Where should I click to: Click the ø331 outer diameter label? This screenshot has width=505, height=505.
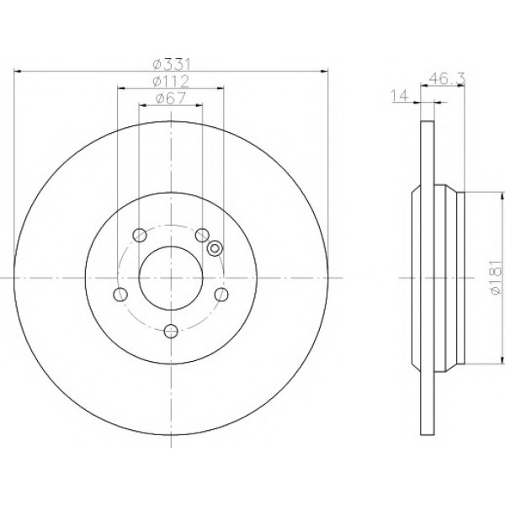click(172, 65)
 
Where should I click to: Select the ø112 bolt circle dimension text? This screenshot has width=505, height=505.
click(171, 82)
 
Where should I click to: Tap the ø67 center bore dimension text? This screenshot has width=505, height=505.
click(171, 98)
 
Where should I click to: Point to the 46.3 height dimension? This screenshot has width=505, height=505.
click(447, 78)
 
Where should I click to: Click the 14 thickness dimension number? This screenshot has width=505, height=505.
click(399, 96)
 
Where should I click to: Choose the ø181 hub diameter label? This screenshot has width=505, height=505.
click(496, 278)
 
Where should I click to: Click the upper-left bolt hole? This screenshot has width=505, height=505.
click(140, 235)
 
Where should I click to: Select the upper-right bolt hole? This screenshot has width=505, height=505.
click(202, 235)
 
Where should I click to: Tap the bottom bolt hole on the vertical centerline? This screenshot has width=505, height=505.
click(171, 331)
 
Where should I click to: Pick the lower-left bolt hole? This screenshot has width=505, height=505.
click(120, 295)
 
